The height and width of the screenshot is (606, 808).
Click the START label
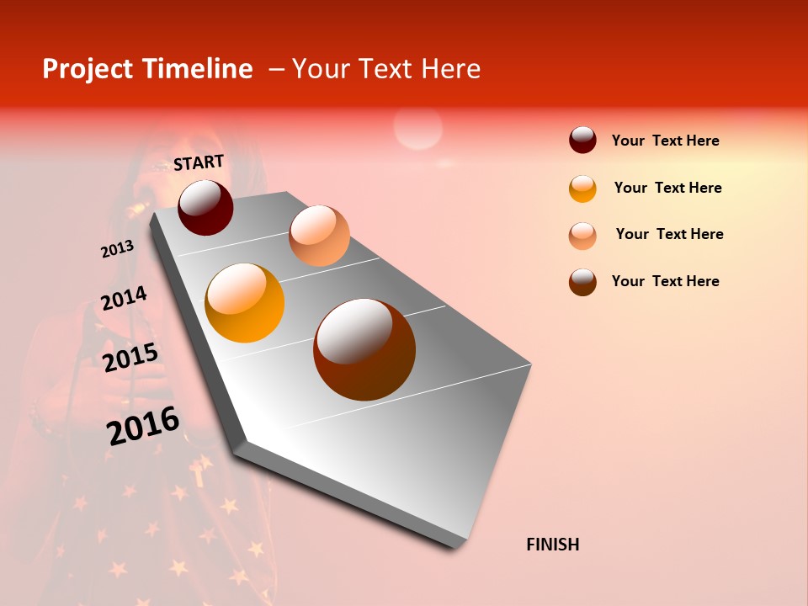[x=199, y=162]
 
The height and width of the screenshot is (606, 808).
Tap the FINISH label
[x=553, y=545]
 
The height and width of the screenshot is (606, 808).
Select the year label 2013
[x=117, y=249]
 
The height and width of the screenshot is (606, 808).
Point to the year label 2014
[x=124, y=298]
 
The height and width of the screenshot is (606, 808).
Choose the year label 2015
[x=130, y=358]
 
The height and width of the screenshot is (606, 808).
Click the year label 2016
[x=143, y=425]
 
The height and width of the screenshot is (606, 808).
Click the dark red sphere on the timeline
[x=205, y=207]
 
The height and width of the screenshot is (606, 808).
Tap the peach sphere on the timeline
[x=319, y=236]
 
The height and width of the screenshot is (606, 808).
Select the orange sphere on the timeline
[x=245, y=303]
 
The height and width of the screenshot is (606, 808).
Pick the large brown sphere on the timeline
[x=364, y=349]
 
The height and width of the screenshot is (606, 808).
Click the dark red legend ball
[x=582, y=140]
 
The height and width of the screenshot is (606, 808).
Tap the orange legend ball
[x=582, y=189]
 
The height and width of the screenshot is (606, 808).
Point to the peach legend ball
[x=582, y=236]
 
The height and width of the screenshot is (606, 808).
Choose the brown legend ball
[x=582, y=282]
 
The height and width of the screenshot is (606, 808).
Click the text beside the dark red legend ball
[x=665, y=141]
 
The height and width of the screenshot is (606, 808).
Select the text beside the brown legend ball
[x=665, y=281]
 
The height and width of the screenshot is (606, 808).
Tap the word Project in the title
[x=87, y=69]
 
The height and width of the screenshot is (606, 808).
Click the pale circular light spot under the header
[x=417, y=129]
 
